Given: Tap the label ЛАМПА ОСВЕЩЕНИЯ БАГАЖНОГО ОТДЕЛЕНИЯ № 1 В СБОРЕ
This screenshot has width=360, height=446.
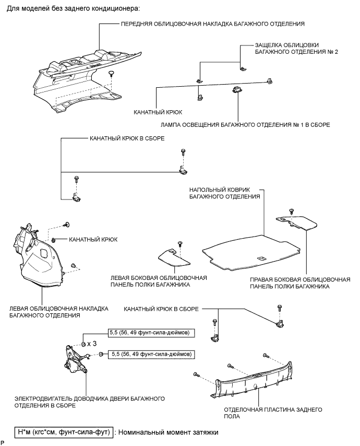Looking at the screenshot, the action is [245, 125].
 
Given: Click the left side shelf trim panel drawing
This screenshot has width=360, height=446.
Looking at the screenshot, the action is [174, 257].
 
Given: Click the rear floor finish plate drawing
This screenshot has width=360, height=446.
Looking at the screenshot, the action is [253, 380].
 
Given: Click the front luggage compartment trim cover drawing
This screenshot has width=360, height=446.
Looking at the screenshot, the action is [85, 80].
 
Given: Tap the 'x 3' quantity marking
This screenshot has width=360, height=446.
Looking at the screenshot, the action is [92, 344].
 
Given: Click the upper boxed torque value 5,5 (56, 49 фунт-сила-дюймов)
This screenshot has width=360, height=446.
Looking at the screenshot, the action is [152, 333].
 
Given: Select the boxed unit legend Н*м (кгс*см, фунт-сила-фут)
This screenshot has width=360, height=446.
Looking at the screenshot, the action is [64, 432].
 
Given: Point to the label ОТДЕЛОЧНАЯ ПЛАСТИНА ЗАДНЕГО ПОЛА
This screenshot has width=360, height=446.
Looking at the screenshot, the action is [273, 413].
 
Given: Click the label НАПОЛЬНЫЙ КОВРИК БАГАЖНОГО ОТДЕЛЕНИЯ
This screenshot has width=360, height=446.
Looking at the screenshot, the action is [225, 193].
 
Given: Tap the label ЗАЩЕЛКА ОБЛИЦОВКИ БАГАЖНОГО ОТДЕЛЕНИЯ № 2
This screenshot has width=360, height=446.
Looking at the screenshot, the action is [296, 49].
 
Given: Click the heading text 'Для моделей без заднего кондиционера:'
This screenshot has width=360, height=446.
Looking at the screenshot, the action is [74, 8].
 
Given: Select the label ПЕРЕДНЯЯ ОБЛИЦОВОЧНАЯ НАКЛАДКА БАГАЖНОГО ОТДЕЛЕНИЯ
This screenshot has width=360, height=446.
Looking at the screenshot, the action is [212, 24].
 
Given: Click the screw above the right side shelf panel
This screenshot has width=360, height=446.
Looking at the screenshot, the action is [291, 211].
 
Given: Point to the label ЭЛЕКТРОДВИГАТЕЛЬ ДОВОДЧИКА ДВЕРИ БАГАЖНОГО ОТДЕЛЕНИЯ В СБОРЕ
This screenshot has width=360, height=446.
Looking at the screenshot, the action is [90, 402].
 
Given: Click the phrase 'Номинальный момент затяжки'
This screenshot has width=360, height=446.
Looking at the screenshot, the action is [168, 432].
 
